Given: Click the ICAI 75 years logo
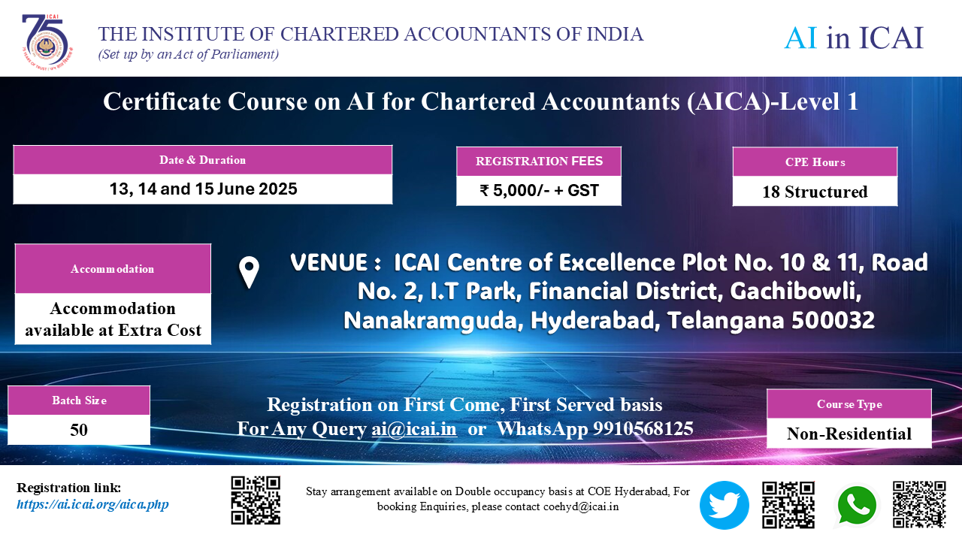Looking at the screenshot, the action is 47,42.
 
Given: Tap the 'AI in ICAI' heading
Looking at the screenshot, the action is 853,38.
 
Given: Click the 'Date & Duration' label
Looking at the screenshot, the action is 202,160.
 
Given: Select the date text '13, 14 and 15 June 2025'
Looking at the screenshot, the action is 203,189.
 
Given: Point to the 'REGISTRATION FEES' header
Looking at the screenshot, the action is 539,162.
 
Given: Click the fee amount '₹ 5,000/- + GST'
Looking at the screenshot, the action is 539,191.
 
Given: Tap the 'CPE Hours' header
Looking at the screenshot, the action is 815,162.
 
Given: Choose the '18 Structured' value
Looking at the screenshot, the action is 815,192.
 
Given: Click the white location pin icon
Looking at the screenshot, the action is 249,272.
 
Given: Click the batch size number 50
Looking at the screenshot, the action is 79,431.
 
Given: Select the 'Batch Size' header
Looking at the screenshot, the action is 79,400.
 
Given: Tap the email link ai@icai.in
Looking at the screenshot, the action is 414,429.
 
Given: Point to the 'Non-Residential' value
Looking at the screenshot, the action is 849,434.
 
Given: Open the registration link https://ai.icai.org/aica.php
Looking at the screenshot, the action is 92,504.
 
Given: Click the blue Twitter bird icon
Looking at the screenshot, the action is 724,505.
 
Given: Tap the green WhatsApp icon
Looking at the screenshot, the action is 857,506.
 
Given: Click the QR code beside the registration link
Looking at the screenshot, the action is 256,500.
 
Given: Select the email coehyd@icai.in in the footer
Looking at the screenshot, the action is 581,506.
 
